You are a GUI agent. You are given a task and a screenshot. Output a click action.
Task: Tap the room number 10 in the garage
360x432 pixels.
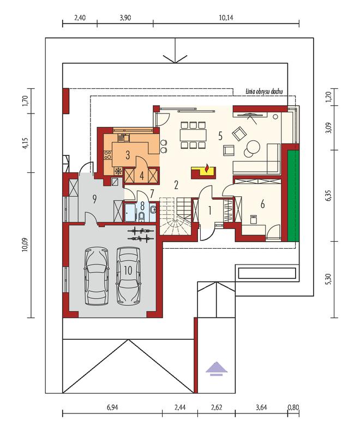[128, 271]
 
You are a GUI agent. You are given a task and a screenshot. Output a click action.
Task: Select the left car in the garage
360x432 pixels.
[97, 276]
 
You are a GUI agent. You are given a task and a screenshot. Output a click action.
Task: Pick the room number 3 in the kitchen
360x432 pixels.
[128, 155]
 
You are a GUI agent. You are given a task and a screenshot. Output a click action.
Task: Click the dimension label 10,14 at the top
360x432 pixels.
[226, 18]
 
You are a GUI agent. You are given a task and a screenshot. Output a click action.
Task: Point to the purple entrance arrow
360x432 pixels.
[217, 369]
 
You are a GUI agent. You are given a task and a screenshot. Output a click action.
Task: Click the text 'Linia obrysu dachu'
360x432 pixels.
[264, 92]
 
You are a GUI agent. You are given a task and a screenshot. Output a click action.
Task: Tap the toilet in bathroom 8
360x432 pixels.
[142, 217]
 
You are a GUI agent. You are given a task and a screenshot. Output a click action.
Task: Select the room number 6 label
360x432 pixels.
[262, 204]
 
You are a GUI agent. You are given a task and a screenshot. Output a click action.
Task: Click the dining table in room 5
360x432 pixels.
[194, 135]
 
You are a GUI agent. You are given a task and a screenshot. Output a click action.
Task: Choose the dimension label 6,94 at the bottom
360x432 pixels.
[112, 407]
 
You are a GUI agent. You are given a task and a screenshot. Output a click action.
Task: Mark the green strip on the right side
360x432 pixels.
[293, 196]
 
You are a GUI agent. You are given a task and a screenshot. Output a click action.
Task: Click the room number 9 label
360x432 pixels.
[94, 199]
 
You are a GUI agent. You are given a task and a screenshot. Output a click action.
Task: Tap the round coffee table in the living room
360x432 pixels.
[253, 146]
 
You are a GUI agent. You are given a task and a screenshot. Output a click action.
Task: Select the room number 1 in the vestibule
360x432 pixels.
[209, 211]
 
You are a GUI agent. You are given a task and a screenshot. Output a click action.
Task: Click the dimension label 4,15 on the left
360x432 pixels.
[25, 143]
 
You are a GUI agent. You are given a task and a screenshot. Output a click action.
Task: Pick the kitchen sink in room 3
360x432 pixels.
[124, 137]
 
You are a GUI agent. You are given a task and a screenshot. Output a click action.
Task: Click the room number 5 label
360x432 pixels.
[220, 136]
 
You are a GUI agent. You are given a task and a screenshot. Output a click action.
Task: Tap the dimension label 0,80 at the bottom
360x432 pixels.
[293, 407]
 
